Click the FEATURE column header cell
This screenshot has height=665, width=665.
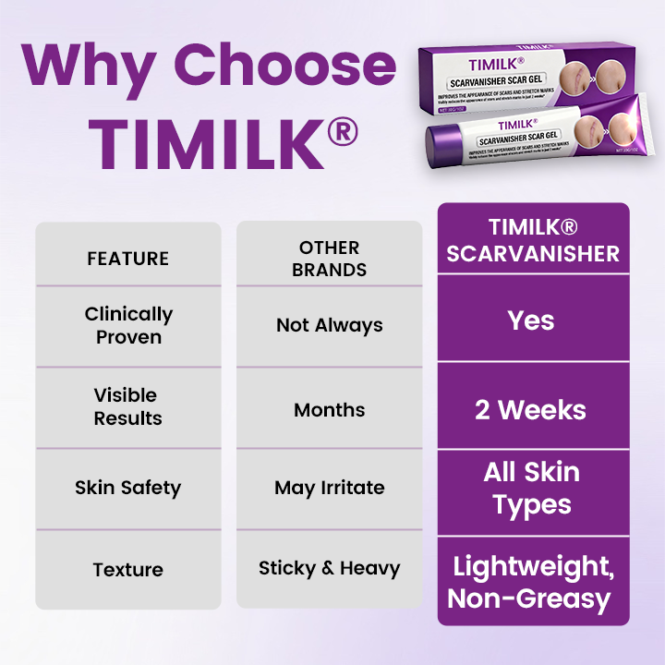(x=127, y=259)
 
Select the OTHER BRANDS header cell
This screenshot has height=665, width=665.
(x=329, y=259)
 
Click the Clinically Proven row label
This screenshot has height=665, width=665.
(x=127, y=325)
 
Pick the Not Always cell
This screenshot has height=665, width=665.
(x=329, y=325)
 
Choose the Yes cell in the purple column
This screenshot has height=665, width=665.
(x=532, y=320)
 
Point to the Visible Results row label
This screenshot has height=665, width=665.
(x=127, y=406)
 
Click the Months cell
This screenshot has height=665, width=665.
(x=329, y=409)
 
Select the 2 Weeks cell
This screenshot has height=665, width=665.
(x=532, y=409)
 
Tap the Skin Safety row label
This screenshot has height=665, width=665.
(x=127, y=488)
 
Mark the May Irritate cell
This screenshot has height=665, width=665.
(x=329, y=488)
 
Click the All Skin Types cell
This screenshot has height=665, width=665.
(x=532, y=489)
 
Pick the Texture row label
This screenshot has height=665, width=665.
(x=127, y=570)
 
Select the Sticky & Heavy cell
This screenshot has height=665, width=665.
(x=329, y=568)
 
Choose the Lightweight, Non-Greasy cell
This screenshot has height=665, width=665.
(x=532, y=582)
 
